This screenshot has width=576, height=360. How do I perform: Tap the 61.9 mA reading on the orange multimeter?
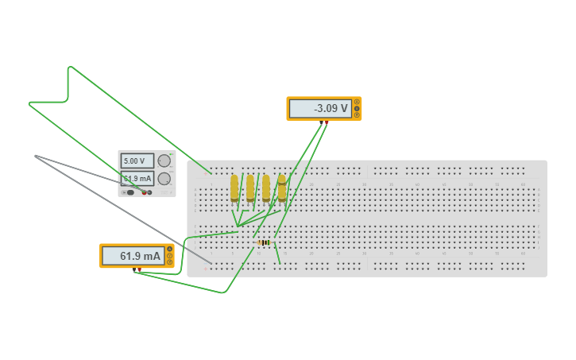(133, 256)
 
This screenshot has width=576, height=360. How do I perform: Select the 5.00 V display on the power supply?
(137, 161)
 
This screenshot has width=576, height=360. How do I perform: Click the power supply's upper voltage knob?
(164, 161)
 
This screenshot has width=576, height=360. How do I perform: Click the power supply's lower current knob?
(164, 178)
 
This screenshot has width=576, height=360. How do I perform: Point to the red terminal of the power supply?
(145, 192)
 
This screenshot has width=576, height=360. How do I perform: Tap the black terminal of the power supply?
(150, 192)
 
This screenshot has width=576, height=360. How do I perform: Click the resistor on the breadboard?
(264, 242)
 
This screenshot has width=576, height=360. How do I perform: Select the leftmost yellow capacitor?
(234, 188)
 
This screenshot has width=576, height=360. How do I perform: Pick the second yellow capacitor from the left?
(250, 188)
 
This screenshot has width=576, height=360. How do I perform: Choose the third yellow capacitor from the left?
(266, 188)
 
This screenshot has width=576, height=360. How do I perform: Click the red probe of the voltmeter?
(326, 122)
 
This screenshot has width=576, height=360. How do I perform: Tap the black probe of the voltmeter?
(321, 122)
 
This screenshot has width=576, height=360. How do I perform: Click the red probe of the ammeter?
(141, 269)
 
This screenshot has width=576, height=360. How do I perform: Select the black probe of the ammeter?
(136, 269)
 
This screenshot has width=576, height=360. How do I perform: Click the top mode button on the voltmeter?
(357, 102)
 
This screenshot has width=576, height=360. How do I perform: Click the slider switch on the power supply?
(130, 192)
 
